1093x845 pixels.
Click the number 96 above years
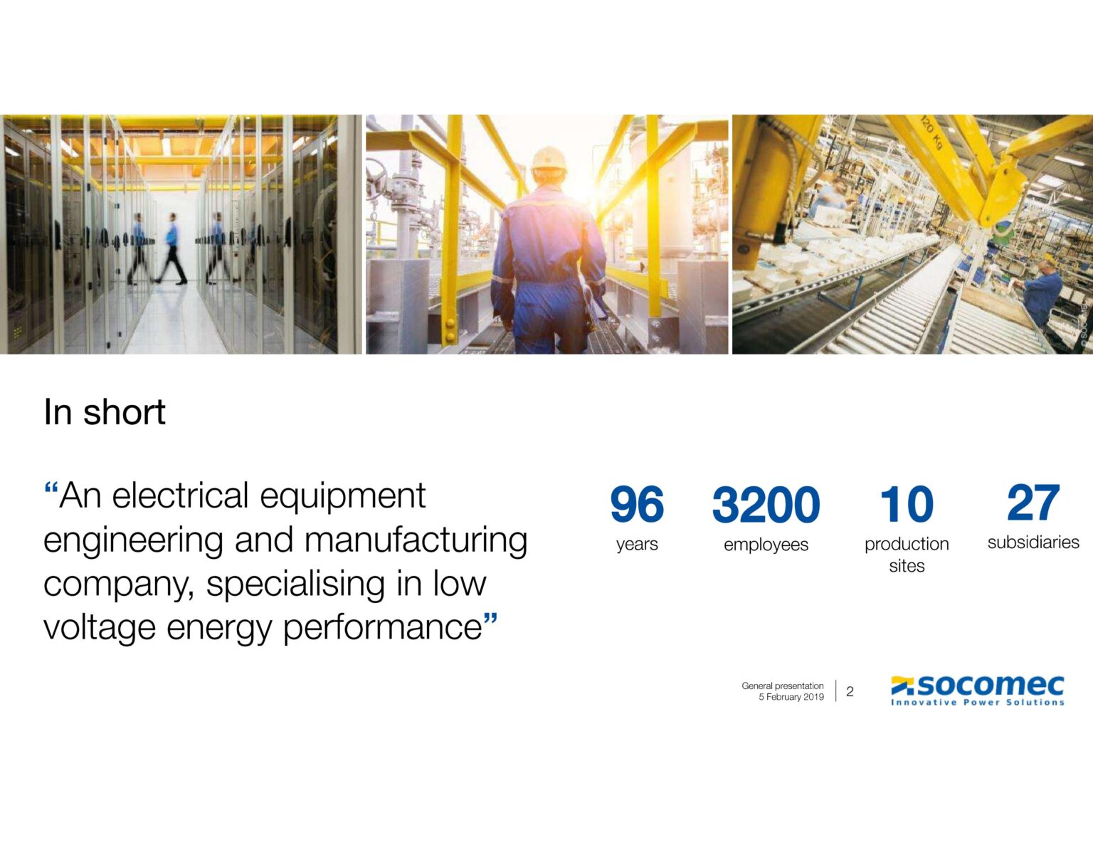[637, 503]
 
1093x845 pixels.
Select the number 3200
[766, 503]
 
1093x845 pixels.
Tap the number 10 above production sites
[907, 503]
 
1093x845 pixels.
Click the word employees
[766, 544]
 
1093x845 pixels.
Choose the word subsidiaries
[1034, 542]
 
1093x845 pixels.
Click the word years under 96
[637, 544]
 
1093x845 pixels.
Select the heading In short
[105, 412]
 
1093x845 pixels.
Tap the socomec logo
[977, 691]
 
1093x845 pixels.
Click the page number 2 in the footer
[850, 692]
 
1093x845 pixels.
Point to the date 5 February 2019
[791, 697]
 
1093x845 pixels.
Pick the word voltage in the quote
[100, 629]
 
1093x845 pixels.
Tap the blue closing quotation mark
[490, 619]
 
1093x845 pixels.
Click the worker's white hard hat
[549, 159]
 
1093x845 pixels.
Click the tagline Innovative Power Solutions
[977, 702]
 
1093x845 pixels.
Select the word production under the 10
[907, 544]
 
